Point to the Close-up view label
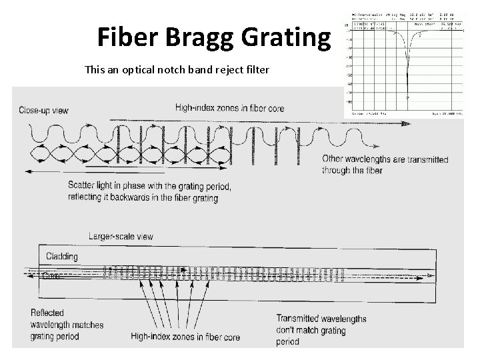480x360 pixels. pyautogui.click(x=43, y=109)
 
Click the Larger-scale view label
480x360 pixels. pyautogui.click(x=121, y=237)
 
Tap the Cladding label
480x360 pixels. pyautogui.click(x=62, y=257)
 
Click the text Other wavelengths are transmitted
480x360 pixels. pyautogui.click(x=385, y=159)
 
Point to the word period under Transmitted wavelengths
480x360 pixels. pyautogui.click(x=289, y=341)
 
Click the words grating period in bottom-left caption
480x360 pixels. pyautogui.click(x=55, y=336)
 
